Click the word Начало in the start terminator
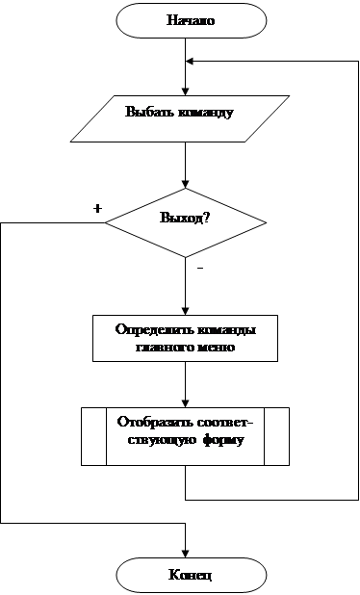coord(191,20)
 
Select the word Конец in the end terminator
coord(190,575)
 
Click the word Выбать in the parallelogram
coord(148,112)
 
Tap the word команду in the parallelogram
coord(205,113)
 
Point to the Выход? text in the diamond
coord(185,218)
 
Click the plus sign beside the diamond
coord(97,208)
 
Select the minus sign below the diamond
coord(200,269)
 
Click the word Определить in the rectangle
coord(154,329)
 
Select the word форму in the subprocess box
coord(223,441)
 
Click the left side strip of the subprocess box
coord(94,436)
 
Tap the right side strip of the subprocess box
coord(276,436)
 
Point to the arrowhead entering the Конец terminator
coord(185,554)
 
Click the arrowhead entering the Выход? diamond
coord(185,184)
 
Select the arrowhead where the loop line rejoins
coord(190,61)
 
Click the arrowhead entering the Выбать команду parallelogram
coord(185,91)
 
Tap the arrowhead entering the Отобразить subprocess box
coord(185,403)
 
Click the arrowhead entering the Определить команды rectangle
coord(185,311)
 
